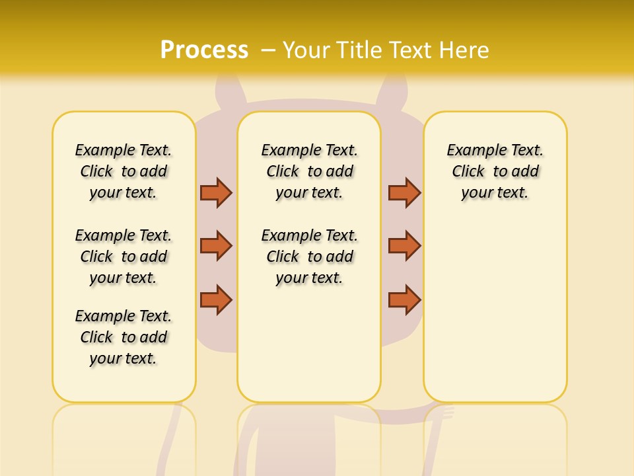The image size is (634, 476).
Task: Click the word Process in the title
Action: pyautogui.click(x=204, y=50)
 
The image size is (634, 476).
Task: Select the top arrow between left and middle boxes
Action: pyautogui.click(x=216, y=192)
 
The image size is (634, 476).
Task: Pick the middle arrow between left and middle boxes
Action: pyautogui.click(x=216, y=246)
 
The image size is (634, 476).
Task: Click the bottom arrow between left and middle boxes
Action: pyautogui.click(x=216, y=299)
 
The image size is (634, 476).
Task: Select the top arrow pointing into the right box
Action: pyautogui.click(x=404, y=192)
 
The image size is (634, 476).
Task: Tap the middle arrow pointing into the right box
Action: pyautogui.click(x=404, y=246)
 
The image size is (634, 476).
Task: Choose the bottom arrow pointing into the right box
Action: pyautogui.click(x=404, y=299)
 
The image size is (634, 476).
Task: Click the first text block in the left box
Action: pyautogui.click(x=123, y=171)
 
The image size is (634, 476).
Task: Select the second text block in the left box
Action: pyautogui.click(x=123, y=257)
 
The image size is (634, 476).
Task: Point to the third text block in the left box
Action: pyautogui.click(x=123, y=337)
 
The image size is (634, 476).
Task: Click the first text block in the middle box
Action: pyautogui.click(x=309, y=171)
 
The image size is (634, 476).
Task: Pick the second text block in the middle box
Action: pyautogui.click(x=309, y=257)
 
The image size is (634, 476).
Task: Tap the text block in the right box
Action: pyautogui.click(x=495, y=171)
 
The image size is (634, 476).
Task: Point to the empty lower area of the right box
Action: pyautogui.click(x=495, y=311)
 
